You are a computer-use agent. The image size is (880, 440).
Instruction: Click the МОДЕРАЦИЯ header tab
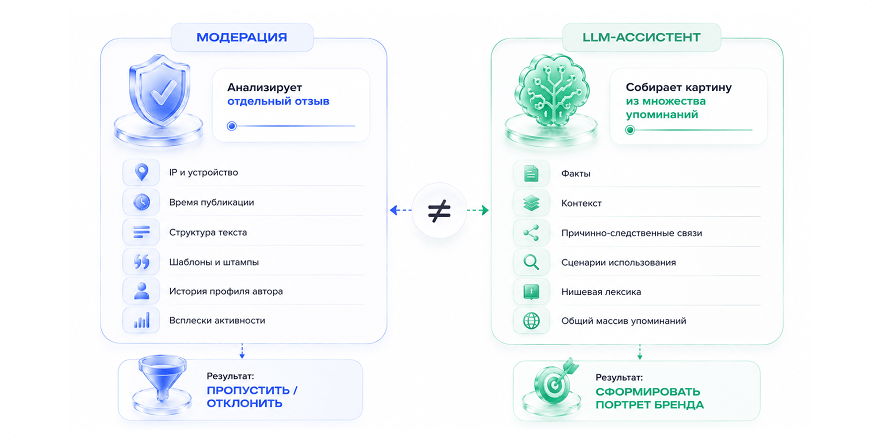coord(242,37)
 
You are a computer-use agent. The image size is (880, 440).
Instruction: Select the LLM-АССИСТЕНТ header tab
coord(641,37)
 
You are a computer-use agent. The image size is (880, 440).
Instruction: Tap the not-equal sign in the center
coord(439,210)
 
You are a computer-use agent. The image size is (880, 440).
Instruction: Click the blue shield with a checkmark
coord(160,90)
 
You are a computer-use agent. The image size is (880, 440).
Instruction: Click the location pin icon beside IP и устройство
coord(141,172)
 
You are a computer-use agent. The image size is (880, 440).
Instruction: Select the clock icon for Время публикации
coord(141,202)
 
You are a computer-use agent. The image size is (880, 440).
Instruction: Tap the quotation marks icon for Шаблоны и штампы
coord(141,261)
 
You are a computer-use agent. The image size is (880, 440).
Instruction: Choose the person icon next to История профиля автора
coord(141,291)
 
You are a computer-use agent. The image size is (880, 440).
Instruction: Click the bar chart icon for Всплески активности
coord(141,321)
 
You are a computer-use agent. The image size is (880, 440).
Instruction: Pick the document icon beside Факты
coord(531,174)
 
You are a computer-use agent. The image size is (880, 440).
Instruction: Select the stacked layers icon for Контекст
coord(531,203)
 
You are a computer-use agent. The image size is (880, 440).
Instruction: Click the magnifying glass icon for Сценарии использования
coord(531,262)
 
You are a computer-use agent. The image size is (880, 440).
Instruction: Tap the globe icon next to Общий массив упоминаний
coord(531,321)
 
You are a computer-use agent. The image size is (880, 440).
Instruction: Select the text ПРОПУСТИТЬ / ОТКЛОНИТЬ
coord(252,397)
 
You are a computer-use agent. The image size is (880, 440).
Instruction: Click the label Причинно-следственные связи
coord(631,233)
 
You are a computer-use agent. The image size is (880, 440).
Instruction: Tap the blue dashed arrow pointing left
coord(401,210)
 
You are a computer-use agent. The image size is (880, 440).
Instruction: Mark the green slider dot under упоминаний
coord(630,130)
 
